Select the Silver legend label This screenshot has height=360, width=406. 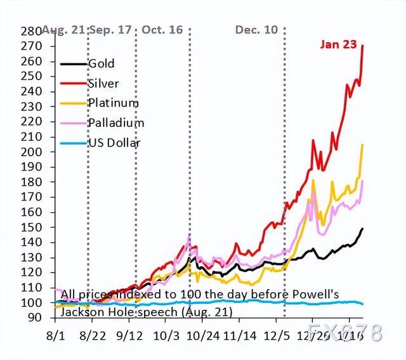coord(103,84)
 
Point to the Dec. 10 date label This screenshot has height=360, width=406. coord(256,30)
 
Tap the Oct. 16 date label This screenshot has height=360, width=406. coord(162,30)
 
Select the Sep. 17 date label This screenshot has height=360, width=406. coord(112,30)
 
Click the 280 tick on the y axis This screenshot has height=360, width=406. coord(31,32)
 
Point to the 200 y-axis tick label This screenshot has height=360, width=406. coord(31,152)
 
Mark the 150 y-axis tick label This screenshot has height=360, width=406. coord(31,228)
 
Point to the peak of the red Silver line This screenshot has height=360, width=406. coord(362,46)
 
